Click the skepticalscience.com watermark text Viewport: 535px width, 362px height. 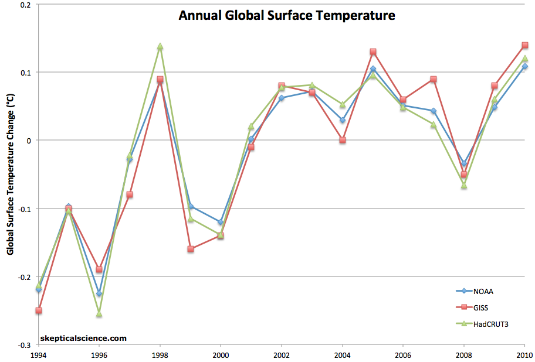click(84, 338)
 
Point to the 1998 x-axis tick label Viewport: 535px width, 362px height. click(160, 354)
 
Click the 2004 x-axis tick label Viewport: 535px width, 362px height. click(342, 354)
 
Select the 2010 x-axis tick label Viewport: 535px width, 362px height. click(524, 354)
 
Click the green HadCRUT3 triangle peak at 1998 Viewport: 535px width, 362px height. click(160, 46)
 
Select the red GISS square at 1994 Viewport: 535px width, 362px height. click(39, 310)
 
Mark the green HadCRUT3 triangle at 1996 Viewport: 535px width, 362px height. click(99, 314)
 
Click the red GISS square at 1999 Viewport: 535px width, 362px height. click(191, 249)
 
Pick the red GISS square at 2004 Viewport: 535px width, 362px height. click(342, 140)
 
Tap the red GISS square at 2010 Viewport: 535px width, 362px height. click(524, 45)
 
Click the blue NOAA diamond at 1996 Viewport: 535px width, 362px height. click(99, 293)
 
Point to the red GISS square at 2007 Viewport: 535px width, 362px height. click(434, 79)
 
